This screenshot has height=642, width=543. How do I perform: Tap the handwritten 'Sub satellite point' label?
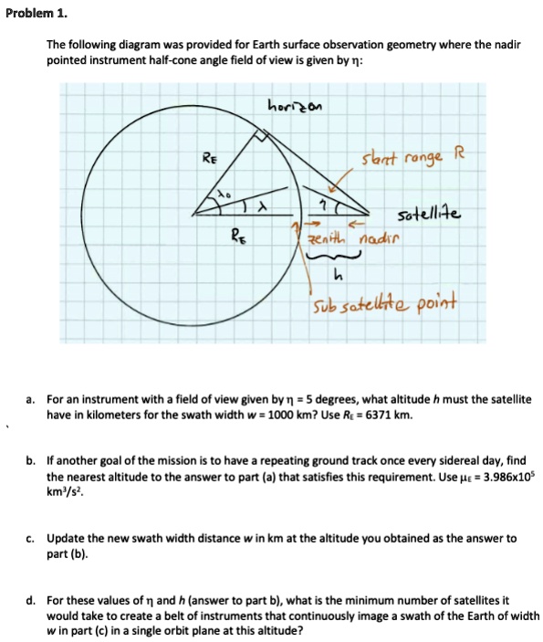tap(383, 302)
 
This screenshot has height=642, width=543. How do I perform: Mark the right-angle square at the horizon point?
tap(265, 136)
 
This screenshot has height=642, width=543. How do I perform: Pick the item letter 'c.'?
tap(31, 539)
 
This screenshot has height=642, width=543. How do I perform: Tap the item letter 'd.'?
tap(31, 600)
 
